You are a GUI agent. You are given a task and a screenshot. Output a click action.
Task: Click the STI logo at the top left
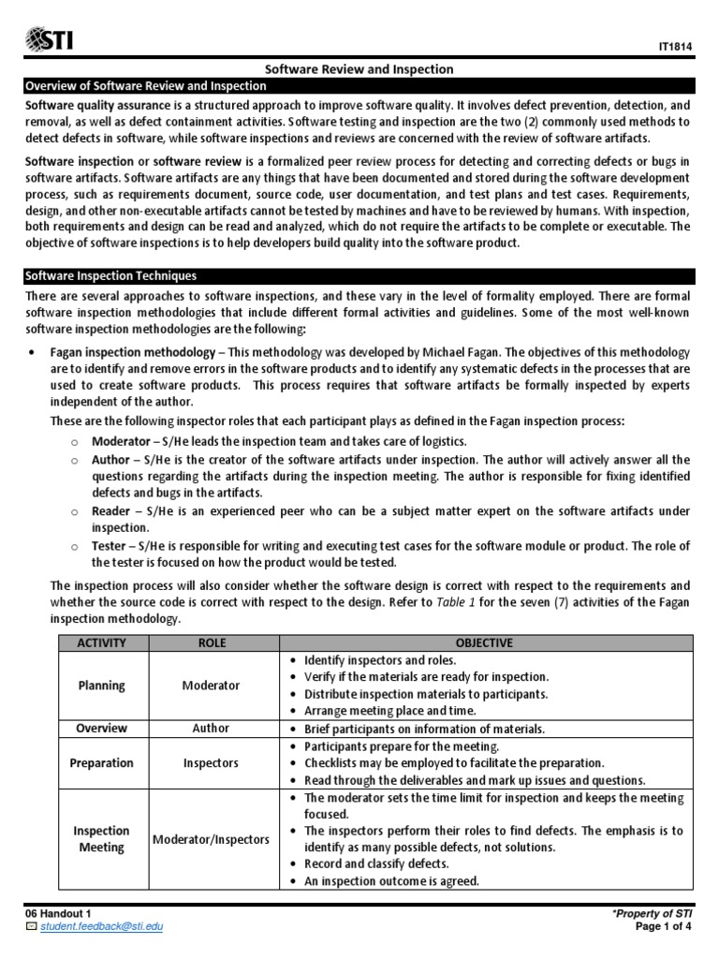(x=50, y=38)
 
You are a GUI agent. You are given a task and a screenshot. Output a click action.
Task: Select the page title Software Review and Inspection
(x=360, y=69)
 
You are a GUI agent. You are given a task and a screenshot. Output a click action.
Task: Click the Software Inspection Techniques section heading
(x=110, y=275)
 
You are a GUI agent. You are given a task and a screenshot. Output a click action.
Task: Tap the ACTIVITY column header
(x=101, y=643)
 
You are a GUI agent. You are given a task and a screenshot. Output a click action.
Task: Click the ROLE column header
(x=212, y=643)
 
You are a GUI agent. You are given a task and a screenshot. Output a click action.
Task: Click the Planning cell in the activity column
(x=101, y=686)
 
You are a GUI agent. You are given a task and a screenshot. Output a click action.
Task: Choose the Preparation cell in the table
(x=101, y=762)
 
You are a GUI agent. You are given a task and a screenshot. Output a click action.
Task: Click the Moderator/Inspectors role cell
(x=212, y=839)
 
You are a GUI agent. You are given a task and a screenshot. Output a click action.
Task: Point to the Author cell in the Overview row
(x=212, y=729)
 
